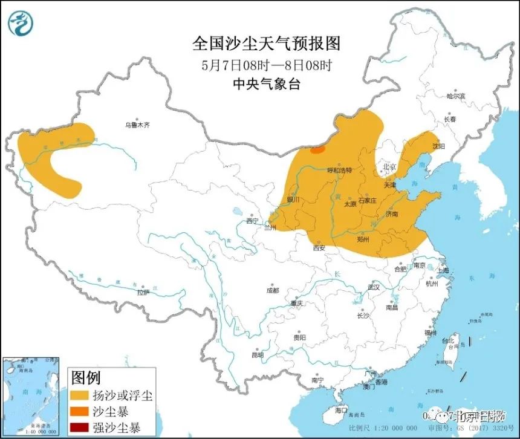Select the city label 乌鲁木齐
point(137,125)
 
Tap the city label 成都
point(273,290)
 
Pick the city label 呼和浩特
point(339,171)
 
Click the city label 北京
point(389,167)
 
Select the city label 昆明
point(257,354)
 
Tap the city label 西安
point(319,247)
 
